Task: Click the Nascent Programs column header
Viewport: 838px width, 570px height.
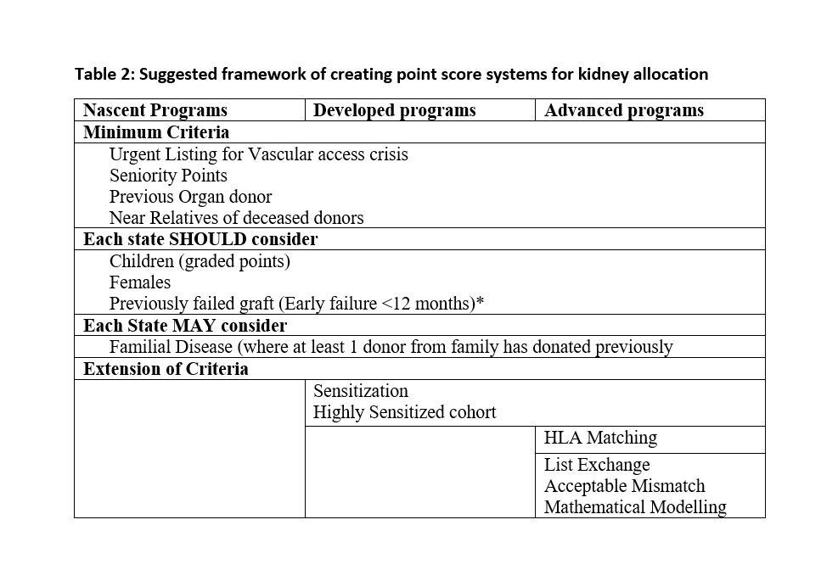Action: [x=155, y=110]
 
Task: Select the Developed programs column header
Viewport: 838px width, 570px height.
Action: [x=394, y=110]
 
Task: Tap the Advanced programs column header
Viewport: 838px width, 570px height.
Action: [x=623, y=110]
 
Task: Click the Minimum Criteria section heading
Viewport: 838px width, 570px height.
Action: [x=156, y=132]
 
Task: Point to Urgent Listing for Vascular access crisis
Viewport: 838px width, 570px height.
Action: [x=258, y=154]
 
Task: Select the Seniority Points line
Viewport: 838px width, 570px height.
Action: [x=168, y=176]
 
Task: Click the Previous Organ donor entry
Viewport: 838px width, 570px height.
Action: [x=190, y=197]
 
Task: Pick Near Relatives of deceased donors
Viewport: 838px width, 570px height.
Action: [x=236, y=218]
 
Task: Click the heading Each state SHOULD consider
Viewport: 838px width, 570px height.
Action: [x=200, y=239]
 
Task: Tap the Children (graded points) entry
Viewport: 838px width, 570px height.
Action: [x=200, y=261]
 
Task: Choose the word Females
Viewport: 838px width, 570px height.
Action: [x=140, y=282]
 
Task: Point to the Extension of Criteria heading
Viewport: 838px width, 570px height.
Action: [x=166, y=369]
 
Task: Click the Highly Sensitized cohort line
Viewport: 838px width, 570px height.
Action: [x=404, y=413]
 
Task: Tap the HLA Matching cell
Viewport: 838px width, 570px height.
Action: [x=600, y=439]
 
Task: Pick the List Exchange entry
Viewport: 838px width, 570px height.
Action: [x=596, y=465]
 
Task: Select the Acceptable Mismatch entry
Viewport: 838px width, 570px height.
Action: [x=624, y=486]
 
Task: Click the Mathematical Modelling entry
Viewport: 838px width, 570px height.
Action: [x=635, y=507]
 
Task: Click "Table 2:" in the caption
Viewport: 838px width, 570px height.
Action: [x=104, y=74]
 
